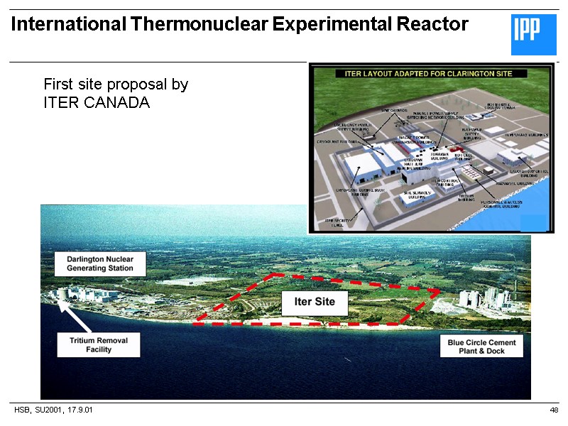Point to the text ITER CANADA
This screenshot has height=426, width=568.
point(97,102)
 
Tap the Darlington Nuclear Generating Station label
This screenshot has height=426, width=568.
point(100,263)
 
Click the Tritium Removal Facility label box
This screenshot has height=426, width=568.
point(99,345)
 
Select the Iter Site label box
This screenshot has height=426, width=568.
point(315,302)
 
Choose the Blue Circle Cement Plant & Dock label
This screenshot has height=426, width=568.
point(481,346)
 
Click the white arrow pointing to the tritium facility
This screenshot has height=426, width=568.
point(74,316)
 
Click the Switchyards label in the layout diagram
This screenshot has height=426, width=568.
point(395,110)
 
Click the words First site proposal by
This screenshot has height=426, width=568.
point(116,84)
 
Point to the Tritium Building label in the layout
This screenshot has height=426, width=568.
point(466,197)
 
